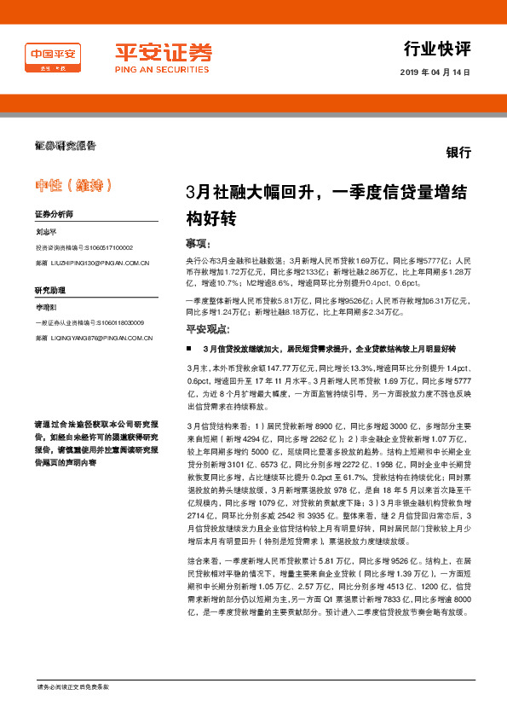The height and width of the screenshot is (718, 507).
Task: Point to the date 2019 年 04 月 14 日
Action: [435, 72]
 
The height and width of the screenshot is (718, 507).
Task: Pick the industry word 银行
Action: [458, 153]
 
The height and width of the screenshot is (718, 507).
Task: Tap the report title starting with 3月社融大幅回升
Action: [326, 205]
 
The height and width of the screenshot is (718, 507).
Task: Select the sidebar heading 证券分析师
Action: [54, 215]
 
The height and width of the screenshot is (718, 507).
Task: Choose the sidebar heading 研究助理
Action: [50, 291]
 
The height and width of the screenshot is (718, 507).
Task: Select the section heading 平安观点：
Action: [207, 330]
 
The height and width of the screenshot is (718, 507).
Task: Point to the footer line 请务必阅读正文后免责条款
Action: [78, 686]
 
